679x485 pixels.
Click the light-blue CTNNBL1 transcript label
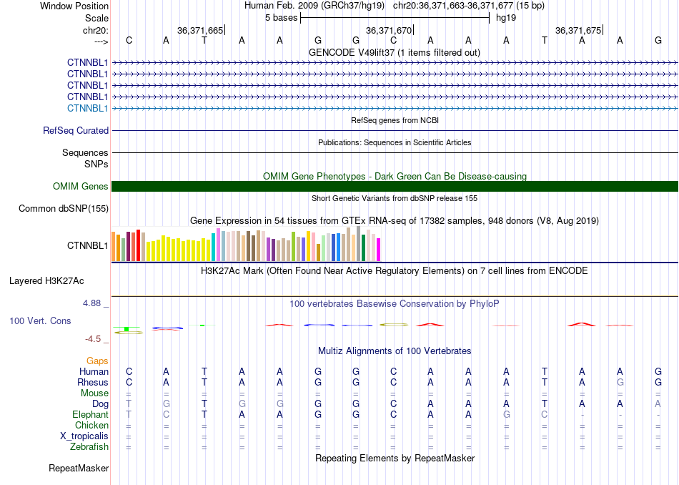click(87, 108)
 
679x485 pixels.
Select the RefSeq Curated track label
click(76, 130)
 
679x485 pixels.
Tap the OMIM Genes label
click(81, 187)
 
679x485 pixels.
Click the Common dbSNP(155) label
click(64, 208)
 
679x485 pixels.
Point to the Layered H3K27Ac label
click(46, 281)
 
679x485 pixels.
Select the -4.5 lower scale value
click(93, 339)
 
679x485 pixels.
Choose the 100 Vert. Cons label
click(40, 320)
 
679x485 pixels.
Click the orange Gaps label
click(97, 361)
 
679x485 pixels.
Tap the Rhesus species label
click(93, 382)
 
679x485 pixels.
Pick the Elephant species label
click(91, 415)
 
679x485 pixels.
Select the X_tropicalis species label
click(84, 436)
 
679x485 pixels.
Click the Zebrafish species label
click(89, 447)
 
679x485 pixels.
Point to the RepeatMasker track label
click(79, 468)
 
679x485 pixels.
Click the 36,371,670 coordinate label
click(388, 30)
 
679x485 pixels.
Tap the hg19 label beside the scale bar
click(506, 18)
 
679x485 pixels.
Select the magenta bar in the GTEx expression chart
click(378, 250)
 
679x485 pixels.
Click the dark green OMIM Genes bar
click(395, 187)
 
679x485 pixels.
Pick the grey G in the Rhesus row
click(620, 382)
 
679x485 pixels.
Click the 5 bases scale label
click(282, 18)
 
